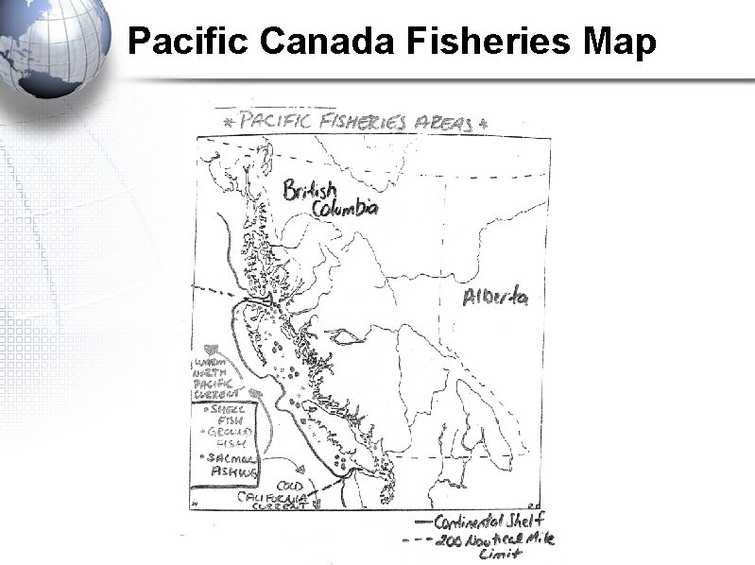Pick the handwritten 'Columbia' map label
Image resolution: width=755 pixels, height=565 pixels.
point(346,208)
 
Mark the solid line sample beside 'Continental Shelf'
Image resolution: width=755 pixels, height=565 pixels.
point(420,522)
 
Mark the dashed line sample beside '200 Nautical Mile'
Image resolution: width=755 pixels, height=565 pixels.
point(420,540)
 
